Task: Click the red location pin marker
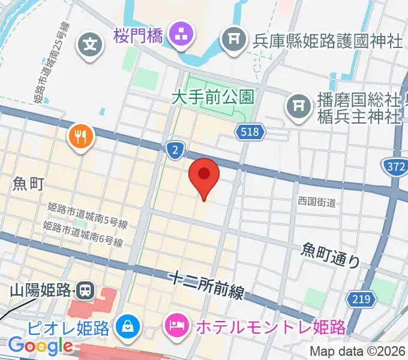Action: point(204,175)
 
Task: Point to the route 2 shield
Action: point(174,151)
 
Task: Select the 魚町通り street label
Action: point(331,254)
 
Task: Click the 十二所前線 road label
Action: point(206,284)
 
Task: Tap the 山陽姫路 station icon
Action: point(85,292)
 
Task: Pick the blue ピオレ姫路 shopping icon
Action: point(128,327)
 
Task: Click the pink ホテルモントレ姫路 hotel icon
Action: point(177,327)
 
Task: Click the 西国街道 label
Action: point(317,202)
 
